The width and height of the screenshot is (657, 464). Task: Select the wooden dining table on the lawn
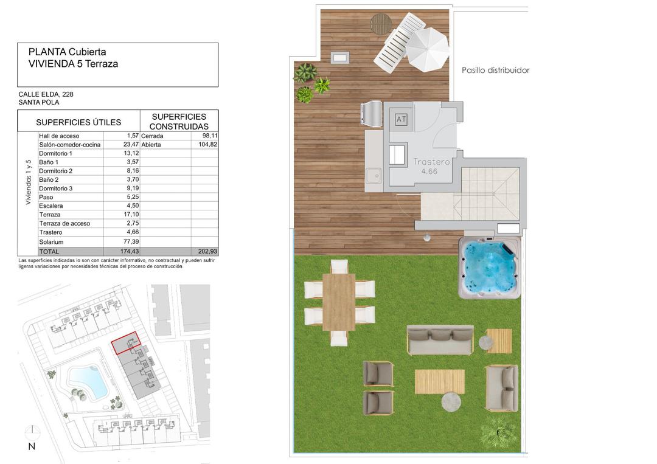click(339, 302)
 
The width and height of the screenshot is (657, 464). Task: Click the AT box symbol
click(401, 119)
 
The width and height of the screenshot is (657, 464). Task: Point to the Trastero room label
click(431, 162)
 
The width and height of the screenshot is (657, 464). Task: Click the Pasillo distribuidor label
click(495, 71)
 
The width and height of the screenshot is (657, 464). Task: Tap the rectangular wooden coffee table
click(439, 381)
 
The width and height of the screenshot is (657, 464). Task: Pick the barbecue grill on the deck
click(372, 114)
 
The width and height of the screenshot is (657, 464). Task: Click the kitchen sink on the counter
click(374, 177)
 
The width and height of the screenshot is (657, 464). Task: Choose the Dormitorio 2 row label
click(55, 171)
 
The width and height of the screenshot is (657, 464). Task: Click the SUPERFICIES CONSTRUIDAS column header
click(179, 121)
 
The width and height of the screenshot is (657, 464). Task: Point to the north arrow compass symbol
click(32, 433)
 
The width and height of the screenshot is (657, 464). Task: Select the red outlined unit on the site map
click(126, 344)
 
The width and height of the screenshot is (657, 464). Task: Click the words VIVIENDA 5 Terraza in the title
click(73, 64)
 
